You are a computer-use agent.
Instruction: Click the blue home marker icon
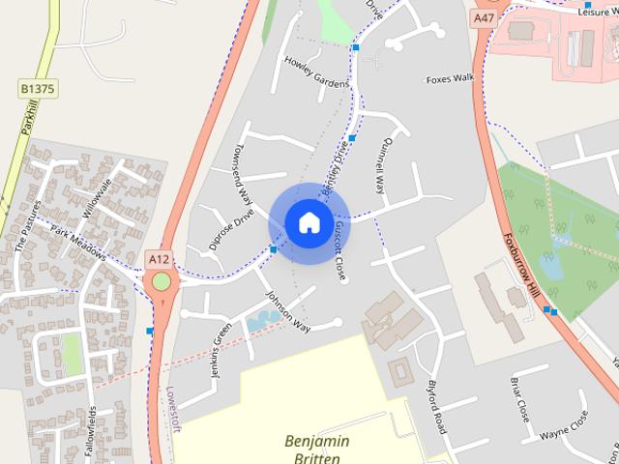pyautogui.click(x=309, y=223)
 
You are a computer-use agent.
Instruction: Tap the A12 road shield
pyautogui.click(x=160, y=259)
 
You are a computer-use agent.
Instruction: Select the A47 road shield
pyautogui.click(x=485, y=17)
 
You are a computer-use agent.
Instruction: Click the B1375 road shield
pyautogui.click(x=38, y=89)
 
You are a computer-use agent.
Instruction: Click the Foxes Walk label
pyautogui.click(x=450, y=78)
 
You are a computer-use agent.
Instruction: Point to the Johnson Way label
pyautogui.click(x=287, y=311)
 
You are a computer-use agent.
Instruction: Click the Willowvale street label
pyautogui.click(x=98, y=197)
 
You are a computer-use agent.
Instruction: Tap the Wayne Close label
pyautogui.click(x=564, y=423)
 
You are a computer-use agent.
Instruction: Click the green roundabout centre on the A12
pyautogui.click(x=161, y=281)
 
